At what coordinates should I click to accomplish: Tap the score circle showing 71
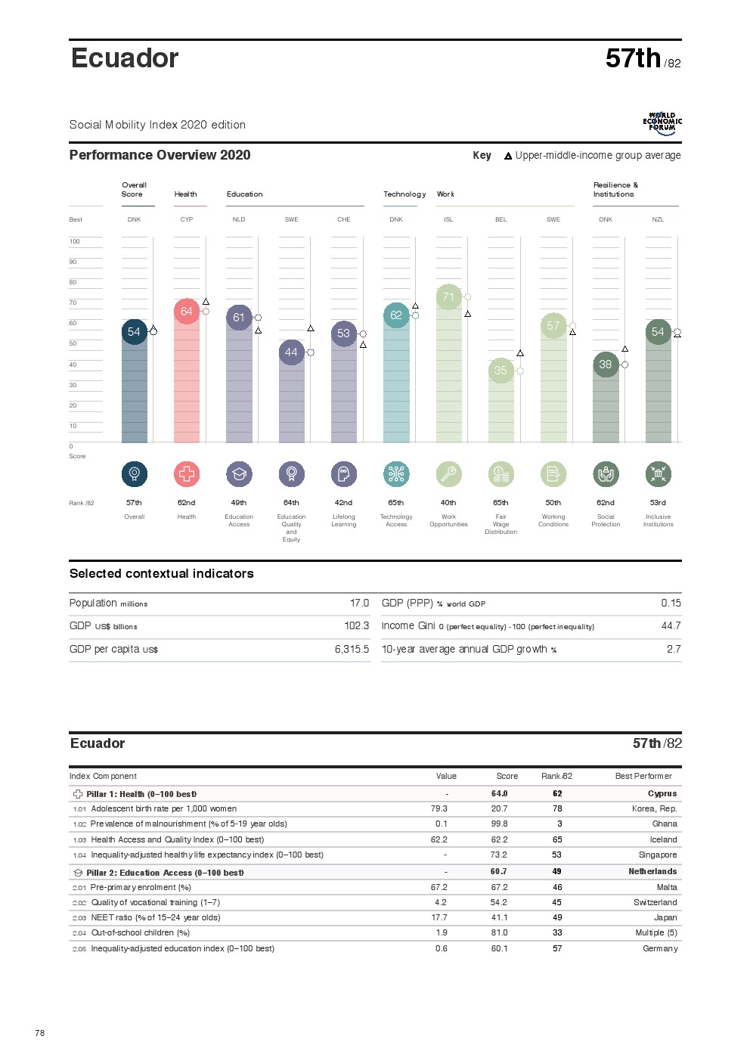[448, 297]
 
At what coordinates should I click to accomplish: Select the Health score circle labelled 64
[187, 312]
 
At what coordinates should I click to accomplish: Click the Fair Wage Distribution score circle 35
[501, 371]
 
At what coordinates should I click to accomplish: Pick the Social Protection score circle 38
[606, 365]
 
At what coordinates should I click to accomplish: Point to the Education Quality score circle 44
[291, 352]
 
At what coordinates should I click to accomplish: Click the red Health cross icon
[187, 474]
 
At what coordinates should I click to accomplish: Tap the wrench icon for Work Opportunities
[448, 474]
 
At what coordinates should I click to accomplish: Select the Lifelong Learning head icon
[344, 474]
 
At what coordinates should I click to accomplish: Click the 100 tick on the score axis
[75, 242]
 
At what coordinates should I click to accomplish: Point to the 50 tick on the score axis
[73, 344]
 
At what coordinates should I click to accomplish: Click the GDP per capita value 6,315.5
[352, 650]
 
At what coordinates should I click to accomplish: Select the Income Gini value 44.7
[671, 626]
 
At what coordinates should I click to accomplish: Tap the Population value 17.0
[359, 603]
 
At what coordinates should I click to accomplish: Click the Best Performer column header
[643, 777]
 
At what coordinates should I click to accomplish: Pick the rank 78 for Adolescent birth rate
[557, 809]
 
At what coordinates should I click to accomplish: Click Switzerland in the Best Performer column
[655, 903]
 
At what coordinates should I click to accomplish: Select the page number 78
[40, 1033]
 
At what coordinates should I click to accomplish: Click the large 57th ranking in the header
[633, 59]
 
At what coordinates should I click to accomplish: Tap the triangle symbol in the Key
[508, 157]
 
